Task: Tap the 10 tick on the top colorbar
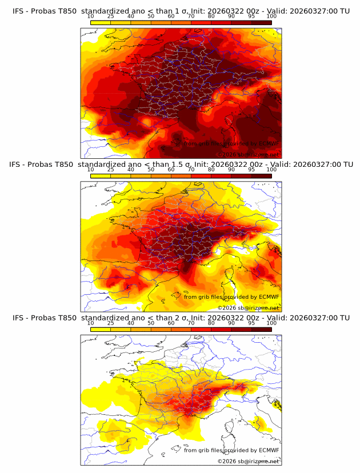90,16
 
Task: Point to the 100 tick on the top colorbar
271,16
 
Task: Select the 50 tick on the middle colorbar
151,170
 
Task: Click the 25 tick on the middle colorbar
110,170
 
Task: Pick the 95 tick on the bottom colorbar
251,323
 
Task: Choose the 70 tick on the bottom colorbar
191,323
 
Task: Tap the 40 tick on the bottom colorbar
131,323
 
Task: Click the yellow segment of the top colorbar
101,22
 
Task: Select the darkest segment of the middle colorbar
261,175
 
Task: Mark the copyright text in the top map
249,154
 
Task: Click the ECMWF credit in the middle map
231,296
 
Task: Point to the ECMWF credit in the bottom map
231,450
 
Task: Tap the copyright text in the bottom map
249,461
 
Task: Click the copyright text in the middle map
249,307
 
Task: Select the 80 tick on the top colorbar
211,16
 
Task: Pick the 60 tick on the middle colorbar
171,170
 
